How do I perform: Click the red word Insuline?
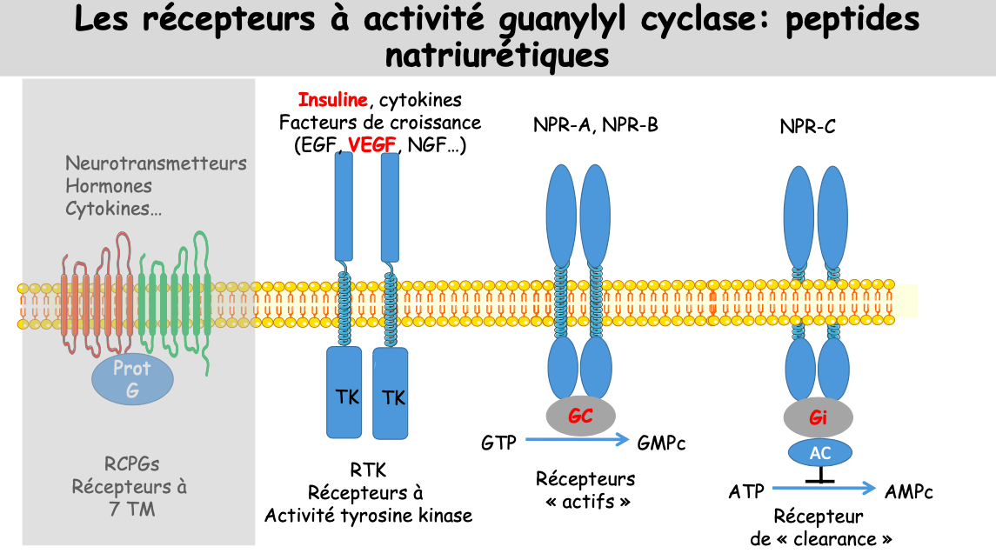pyautogui.click(x=332, y=100)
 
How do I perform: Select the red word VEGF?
pyautogui.click(x=371, y=145)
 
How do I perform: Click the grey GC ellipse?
pyautogui.click(x=580, y=417)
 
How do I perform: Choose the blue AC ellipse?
pyautogui.click(x=820, y=453)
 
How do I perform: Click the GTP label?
pyautogui.click(x=498, y=443)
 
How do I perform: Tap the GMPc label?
pyautogui.click(x=661, y=443)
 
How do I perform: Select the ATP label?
pyautogui.click(x=746, y=492)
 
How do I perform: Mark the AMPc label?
pyautogui.click(x=909, y=492)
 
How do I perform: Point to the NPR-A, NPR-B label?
pyautogui.click(x=596, y=125)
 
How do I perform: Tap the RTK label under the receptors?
pyautogui.click(x=369, y=470)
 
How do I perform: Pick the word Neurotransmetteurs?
pyautogui.click(x=156, y=163)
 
